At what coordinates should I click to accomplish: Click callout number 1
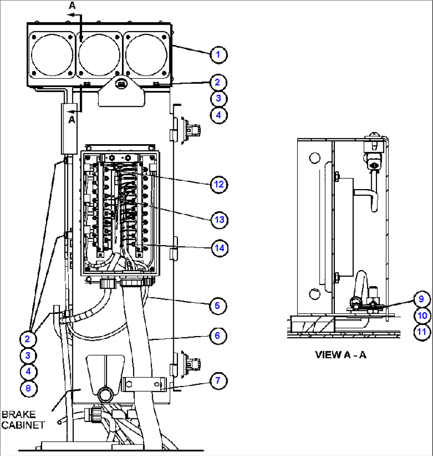coord(218,54)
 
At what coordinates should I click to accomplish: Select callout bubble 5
coord(218,305)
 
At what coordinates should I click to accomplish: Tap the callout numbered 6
coord(218,336)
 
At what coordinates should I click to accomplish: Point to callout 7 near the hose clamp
coord(218,381)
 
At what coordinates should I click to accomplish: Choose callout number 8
coord(28,388)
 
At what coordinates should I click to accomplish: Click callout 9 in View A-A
coord(422,299)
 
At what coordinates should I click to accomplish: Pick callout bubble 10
coord(422,316)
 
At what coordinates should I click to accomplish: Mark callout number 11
coord(422,332)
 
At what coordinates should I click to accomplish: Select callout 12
coord(218,184)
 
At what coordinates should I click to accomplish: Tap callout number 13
coord(218,219)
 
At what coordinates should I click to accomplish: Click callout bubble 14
coord(218,247)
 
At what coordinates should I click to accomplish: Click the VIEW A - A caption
coord(340,355)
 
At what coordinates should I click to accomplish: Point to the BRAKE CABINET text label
coord(24,419)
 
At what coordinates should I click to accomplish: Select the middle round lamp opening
coord(99,54)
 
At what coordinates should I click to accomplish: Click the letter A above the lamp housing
coord(72,5)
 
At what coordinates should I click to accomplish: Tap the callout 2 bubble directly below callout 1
coord(218,83)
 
